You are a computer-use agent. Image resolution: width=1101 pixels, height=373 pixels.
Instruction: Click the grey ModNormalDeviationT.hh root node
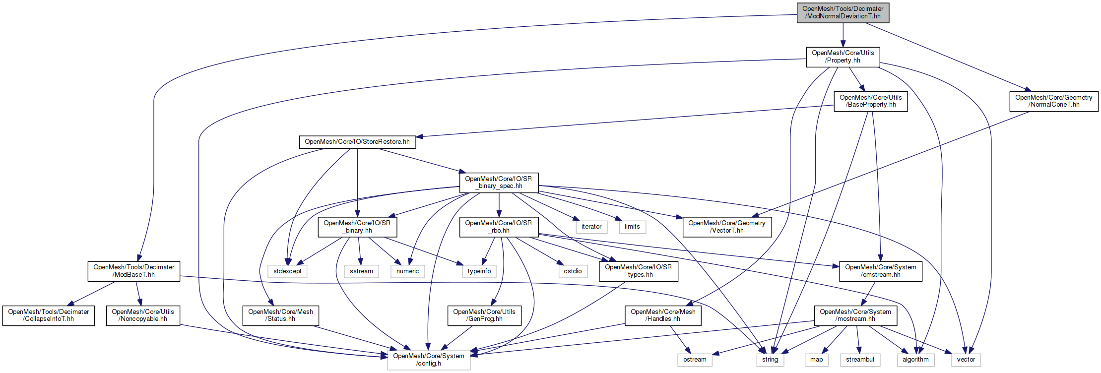[842, 12]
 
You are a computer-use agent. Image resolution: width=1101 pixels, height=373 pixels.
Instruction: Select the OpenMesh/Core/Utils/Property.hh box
[842, 57]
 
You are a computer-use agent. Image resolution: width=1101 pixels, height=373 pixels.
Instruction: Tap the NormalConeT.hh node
[1053, 101]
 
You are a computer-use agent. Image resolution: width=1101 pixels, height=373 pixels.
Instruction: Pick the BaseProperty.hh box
[870, 101]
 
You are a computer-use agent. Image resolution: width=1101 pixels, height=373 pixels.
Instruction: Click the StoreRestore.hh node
[357, 142]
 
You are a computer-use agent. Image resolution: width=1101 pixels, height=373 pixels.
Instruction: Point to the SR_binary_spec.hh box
[499, 183]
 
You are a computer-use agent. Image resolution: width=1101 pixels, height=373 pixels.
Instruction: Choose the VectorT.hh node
[726, 227]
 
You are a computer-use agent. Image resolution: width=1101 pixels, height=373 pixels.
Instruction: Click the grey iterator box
[591, 227]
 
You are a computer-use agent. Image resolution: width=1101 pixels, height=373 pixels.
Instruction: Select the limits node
[632, 227]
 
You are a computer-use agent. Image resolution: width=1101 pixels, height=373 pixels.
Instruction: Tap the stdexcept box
[287, 271]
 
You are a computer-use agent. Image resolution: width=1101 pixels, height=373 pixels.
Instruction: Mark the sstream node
[361, 271]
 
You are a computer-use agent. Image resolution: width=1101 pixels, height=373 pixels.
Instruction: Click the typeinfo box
[479, 271]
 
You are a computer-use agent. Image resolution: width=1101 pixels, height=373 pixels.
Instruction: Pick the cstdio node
[573, 271]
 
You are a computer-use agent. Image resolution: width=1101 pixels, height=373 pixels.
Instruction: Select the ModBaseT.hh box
[133, 271]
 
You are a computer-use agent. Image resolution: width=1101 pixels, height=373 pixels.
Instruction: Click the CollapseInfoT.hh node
[48, 315]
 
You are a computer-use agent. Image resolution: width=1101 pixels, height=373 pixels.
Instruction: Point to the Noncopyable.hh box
[143, 315]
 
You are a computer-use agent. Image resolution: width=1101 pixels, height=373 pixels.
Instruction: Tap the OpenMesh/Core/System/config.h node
[429, 360]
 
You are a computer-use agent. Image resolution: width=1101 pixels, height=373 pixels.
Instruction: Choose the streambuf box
[860, 360]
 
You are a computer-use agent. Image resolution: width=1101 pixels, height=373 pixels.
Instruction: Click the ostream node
[695, 360]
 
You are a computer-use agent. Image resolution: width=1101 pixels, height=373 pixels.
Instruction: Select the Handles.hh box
[663, 315]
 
